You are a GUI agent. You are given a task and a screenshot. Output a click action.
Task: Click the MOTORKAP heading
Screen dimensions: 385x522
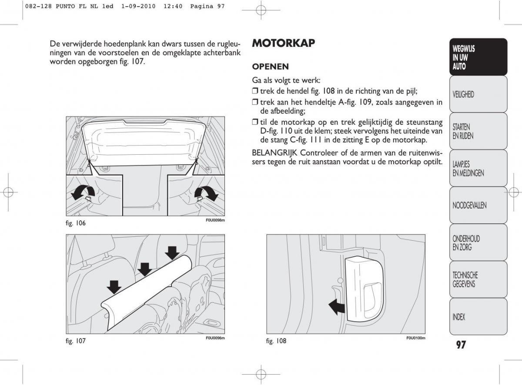283,43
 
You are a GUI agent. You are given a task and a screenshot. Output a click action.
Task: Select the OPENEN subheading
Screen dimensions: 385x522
270,67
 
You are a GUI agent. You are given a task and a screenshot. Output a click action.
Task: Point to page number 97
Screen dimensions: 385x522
461,345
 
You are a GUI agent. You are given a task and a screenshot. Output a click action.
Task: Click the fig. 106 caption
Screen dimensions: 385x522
76,223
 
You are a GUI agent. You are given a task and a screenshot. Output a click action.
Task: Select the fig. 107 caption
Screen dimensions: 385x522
76,341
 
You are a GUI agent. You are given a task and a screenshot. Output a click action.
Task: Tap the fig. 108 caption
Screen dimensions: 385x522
276,341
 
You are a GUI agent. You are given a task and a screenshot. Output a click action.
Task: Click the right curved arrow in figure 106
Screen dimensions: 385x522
206,193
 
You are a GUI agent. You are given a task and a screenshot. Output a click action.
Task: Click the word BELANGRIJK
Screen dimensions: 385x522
274,153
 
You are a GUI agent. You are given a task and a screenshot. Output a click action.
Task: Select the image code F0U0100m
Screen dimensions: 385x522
415,338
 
